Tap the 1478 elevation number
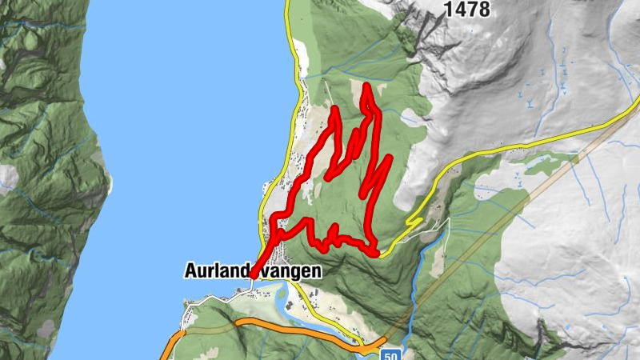pos(467,10)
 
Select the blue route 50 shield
pos(390,354)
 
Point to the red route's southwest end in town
pos(252,276)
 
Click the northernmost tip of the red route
pos(366,85)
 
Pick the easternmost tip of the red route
pos(389,158)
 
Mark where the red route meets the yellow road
pos(376,254)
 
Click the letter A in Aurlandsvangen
pos(190,271)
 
